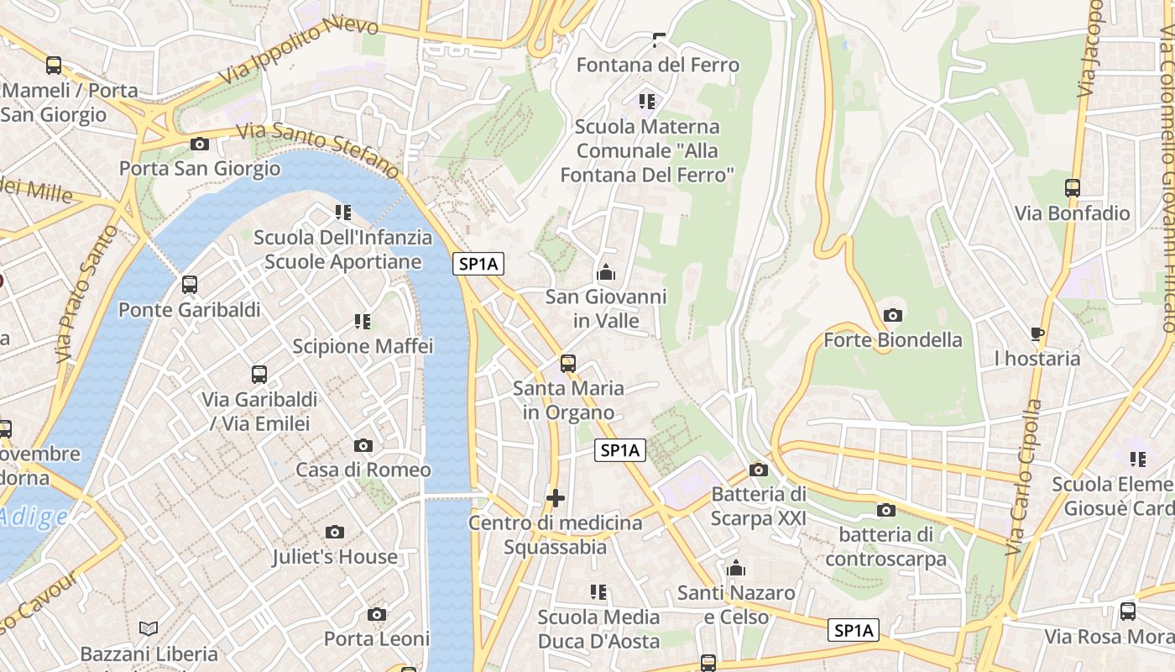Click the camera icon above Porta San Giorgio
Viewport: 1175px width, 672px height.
[x=199, y=144]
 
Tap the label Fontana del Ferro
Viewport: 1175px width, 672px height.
[x=657, y=65]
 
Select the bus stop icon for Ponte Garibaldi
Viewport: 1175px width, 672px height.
[x=190, y=285]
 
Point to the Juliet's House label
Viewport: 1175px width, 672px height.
[x=334, y=556]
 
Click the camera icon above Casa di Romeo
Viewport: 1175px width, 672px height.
[x=363, y=445]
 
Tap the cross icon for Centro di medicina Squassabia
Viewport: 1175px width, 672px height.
[x=555, y=498]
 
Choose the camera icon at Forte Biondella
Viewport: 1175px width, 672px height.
[x=893, y=315]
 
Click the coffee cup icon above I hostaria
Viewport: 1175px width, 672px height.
[x=1037, y=333]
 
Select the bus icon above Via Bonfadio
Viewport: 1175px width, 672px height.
[x=1072, y=188]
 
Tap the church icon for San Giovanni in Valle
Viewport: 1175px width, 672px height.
[x=605, y=272]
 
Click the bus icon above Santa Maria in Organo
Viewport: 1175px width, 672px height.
[x=568, y=363]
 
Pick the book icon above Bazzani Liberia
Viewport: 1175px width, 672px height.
[x=149, y=628]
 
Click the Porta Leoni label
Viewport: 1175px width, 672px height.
[x=377, y=638]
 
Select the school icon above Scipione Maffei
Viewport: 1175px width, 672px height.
[x=363, y=321]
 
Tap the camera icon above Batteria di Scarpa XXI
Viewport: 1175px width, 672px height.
[x=759, y=470]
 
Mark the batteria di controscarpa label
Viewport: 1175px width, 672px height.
[x=886, y=547]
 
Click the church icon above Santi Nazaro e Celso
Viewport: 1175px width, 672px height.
[x=736, y=569]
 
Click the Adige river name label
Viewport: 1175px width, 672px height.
[x=34, y=516]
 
